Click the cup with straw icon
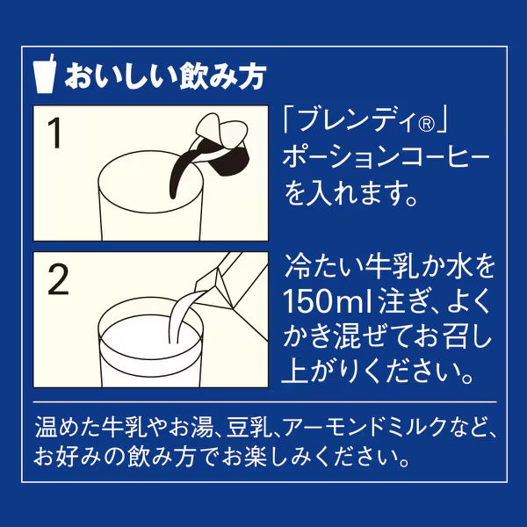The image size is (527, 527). pyautogui.click(x=45, y=75)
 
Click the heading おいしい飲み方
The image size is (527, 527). pyautogui.click(x=166, y=76)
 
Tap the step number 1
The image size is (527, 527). pyautogui.click(x=54, y=133)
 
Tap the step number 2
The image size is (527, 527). pyautogui.click(x=58, y=279)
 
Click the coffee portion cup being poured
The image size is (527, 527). pyautogui.click(x=221, y=146)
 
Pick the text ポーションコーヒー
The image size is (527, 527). pyautogui.click(x=386, y=157)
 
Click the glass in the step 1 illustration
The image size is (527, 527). pyautogui.click(x=151, y=199)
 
